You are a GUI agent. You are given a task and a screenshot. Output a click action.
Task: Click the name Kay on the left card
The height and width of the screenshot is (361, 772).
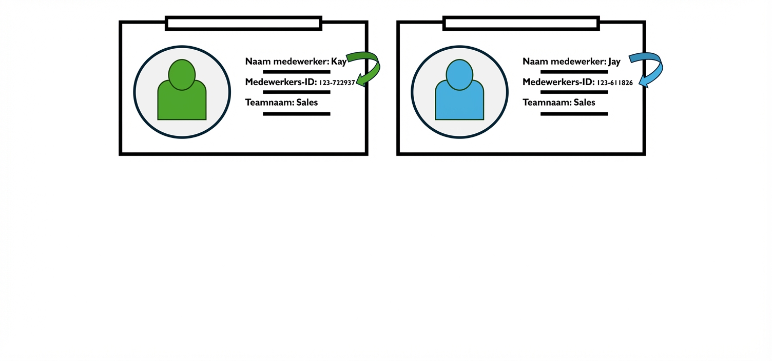(x=339, y=62)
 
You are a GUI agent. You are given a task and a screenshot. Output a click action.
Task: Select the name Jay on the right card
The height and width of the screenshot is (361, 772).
(x=614, y=62)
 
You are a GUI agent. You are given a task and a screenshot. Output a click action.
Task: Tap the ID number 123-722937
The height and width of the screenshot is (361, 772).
(x=337, y=83)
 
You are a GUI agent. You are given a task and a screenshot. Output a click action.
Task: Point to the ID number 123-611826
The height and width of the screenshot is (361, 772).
(x=614, y=83)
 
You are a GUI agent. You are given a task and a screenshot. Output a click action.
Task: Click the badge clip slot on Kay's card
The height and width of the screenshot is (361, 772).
(x=243, y=23)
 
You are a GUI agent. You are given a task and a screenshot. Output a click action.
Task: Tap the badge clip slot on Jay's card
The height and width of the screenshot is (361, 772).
(x=521, y=23)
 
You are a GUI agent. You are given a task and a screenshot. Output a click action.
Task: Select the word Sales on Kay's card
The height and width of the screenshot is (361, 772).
(x=307, y=103)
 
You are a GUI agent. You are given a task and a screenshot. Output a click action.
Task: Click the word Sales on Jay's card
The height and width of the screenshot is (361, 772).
(x=584, y=103)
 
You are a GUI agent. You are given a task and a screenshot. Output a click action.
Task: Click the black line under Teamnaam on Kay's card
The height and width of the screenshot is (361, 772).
(x=296, y=114)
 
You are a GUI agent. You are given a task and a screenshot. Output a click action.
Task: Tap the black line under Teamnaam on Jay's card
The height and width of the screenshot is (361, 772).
(x=574, y=114)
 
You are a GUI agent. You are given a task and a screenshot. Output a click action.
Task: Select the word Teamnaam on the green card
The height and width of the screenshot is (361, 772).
(x=269, y=103)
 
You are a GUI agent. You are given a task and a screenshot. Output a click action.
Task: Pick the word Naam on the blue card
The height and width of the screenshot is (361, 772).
(x=534, y=62)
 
